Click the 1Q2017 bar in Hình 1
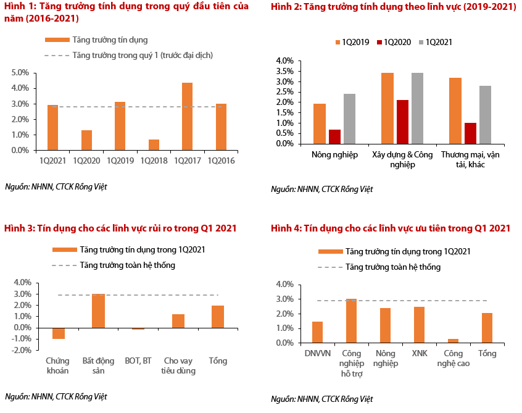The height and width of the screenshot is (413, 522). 187,117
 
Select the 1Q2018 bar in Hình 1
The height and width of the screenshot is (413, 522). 154,144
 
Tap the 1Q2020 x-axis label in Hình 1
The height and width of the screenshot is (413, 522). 86,161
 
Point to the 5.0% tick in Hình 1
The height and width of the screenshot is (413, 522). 20,73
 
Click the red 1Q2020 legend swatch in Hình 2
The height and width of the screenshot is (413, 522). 379,43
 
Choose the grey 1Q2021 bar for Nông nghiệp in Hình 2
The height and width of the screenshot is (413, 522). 349,119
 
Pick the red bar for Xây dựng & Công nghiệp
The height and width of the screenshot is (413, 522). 402,122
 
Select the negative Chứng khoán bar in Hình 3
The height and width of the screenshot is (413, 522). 59,333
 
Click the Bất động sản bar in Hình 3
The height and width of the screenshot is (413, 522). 98,311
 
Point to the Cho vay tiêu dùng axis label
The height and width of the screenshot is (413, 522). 179,365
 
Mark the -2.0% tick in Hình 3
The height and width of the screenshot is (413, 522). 22,350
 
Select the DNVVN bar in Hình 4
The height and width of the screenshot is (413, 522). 317,332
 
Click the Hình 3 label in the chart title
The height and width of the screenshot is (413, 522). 19,228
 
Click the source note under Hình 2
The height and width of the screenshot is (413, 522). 321,189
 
